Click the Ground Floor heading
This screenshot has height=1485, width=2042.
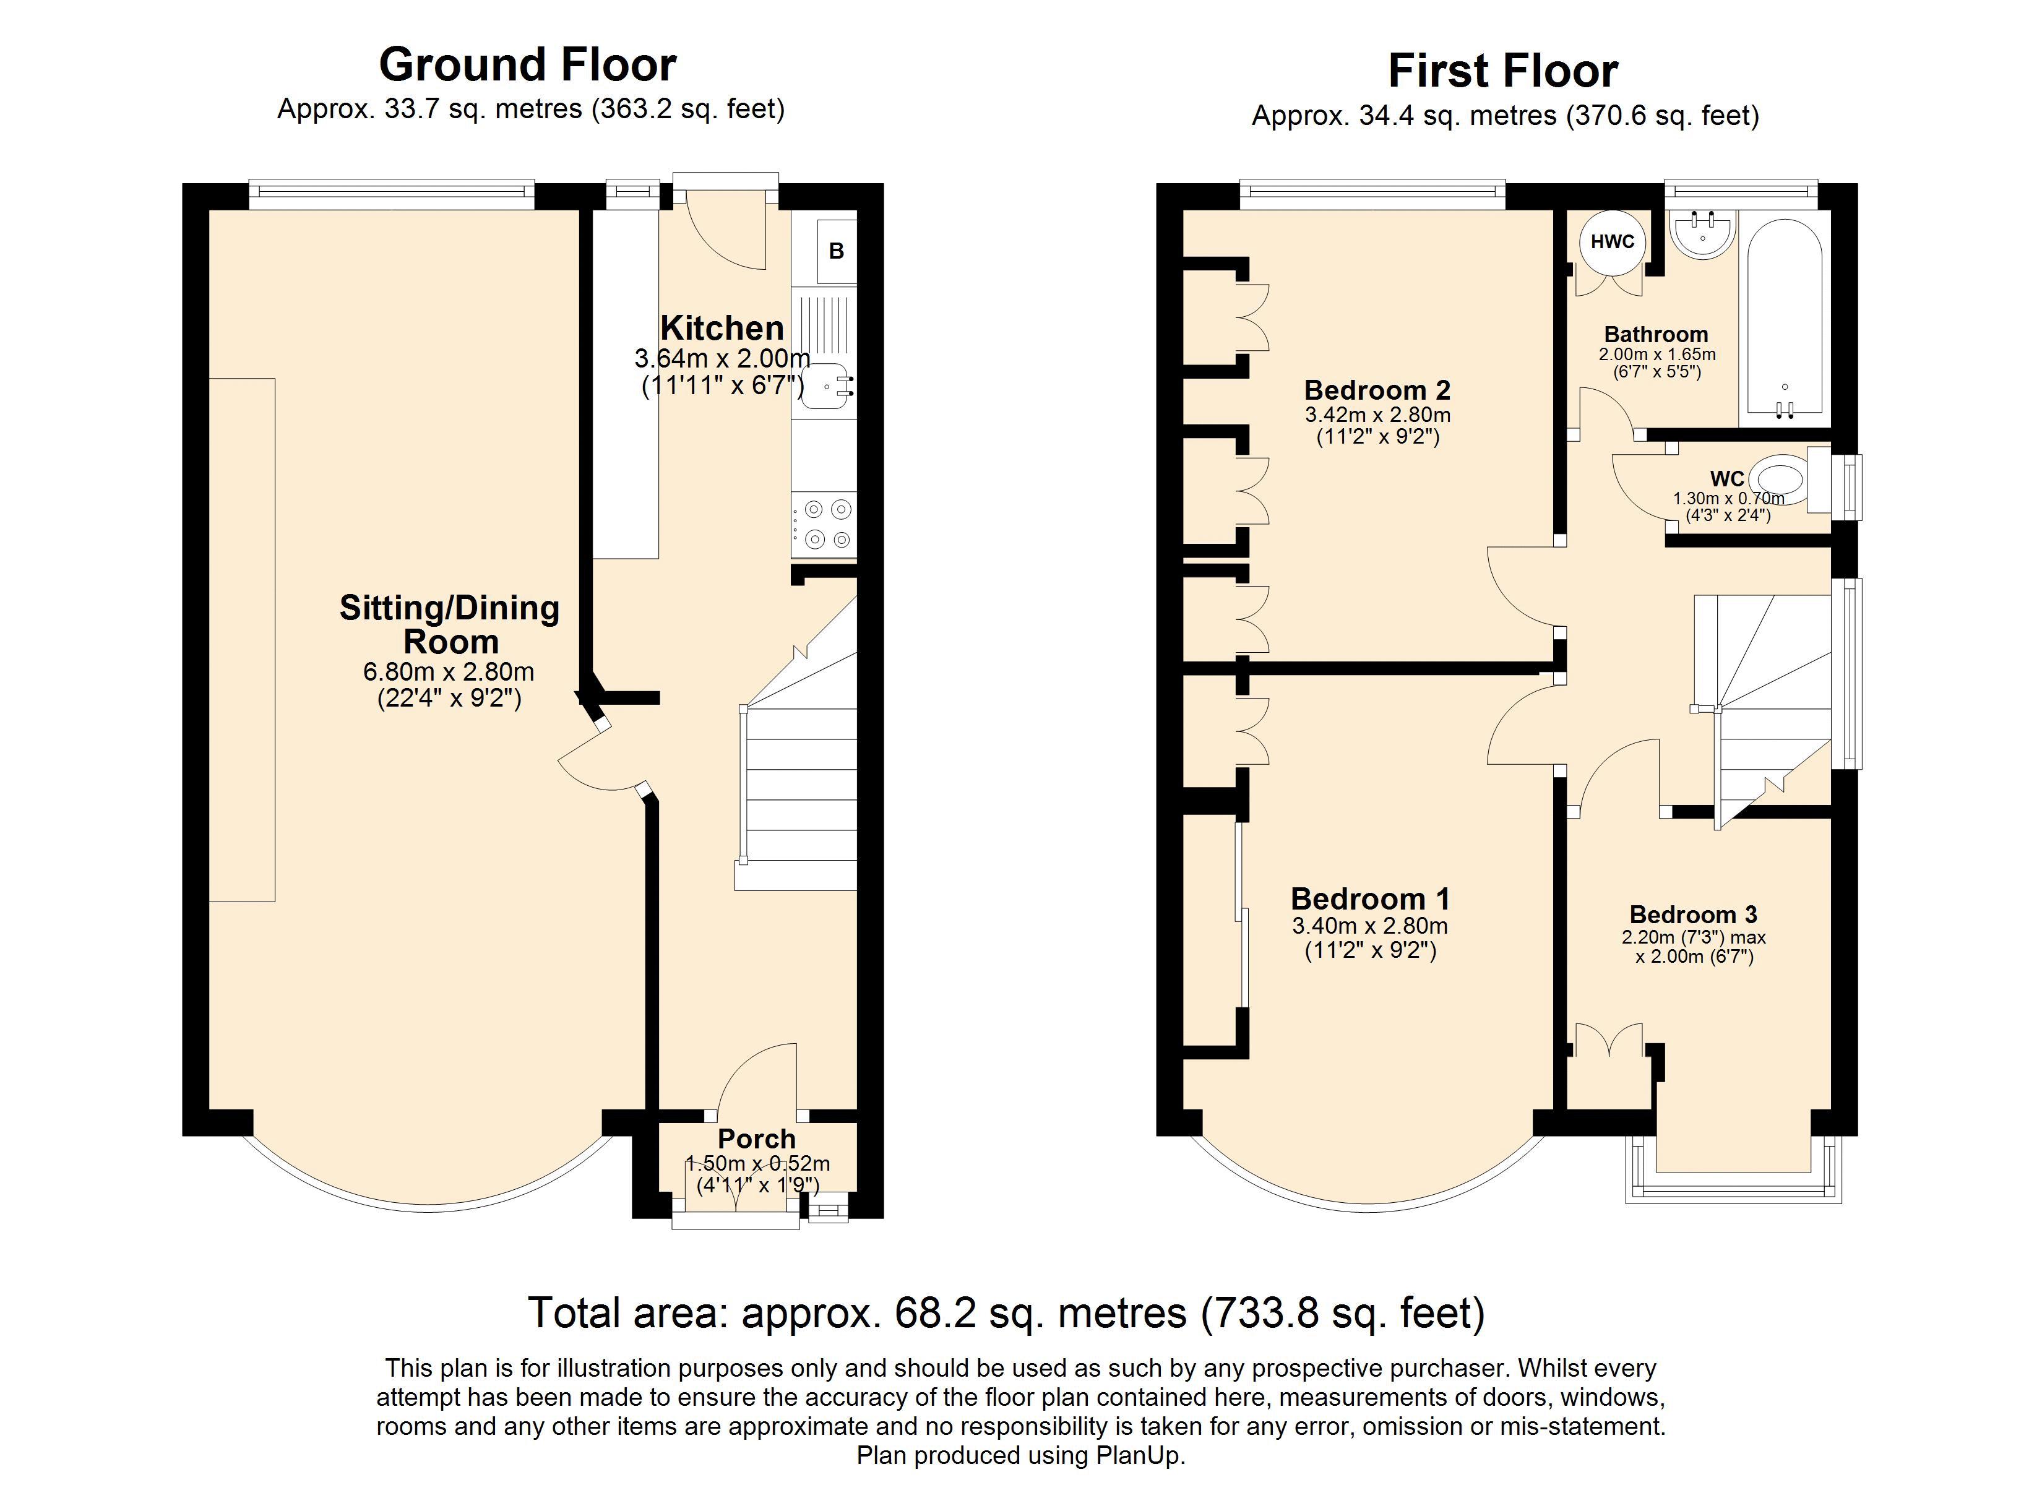pos(528,66)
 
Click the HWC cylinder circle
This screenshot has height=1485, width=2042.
pos(1613,241)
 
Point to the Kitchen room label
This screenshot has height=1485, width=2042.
pos(722,328)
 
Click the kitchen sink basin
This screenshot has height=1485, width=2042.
pos(824,388)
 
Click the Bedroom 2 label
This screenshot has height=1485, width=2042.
pos(1377,391)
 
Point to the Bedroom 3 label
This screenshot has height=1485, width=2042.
pos(1694,915)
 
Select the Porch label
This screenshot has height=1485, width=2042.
pos(756,1139)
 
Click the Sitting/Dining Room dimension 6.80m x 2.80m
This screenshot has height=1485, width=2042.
pos(449,672)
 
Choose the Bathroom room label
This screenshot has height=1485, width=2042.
pos(1656,335)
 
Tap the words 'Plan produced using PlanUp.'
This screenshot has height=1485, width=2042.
pos(1021,1456)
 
